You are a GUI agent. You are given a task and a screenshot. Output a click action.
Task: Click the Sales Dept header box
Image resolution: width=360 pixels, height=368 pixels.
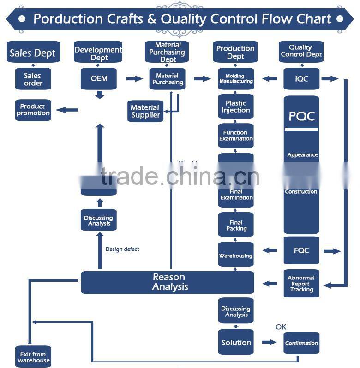point(33,53)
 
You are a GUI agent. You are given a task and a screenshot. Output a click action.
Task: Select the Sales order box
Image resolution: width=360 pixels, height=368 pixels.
point(33,79)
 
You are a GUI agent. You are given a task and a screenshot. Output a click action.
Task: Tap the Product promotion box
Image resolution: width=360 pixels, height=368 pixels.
point(33,110)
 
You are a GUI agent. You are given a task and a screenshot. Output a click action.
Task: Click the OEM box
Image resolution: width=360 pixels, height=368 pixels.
point(99,78)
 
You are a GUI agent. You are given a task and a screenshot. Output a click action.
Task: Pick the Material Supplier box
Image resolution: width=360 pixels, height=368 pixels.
point(145,111)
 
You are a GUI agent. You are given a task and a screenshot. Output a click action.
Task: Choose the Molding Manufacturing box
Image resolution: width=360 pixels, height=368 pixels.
point(236,78)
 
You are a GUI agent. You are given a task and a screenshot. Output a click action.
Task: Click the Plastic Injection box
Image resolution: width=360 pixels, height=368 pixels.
point(236,107)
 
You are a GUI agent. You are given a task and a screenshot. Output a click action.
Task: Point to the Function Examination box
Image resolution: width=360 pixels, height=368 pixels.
point(236,136)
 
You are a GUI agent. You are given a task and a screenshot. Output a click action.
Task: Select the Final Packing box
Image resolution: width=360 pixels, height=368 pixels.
point(236,225)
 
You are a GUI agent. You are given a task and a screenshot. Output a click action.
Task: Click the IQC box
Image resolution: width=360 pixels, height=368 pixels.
point(301,78)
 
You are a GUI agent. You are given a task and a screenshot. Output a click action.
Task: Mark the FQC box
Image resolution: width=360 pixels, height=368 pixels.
point(301,251)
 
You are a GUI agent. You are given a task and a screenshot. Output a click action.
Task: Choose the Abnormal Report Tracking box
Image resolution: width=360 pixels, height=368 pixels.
point(301,284)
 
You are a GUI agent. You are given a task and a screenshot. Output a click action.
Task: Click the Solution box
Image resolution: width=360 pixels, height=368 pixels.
point(236,342)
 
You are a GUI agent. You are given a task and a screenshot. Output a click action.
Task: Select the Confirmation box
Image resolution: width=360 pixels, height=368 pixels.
point(301,343)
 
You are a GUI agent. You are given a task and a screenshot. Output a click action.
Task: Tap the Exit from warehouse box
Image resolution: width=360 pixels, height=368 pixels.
point(33,357)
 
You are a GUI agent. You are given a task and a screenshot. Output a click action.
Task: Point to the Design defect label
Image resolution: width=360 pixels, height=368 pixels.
point(122,249)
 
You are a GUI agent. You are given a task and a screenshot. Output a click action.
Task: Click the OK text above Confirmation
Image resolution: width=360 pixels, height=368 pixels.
point(281,327)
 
